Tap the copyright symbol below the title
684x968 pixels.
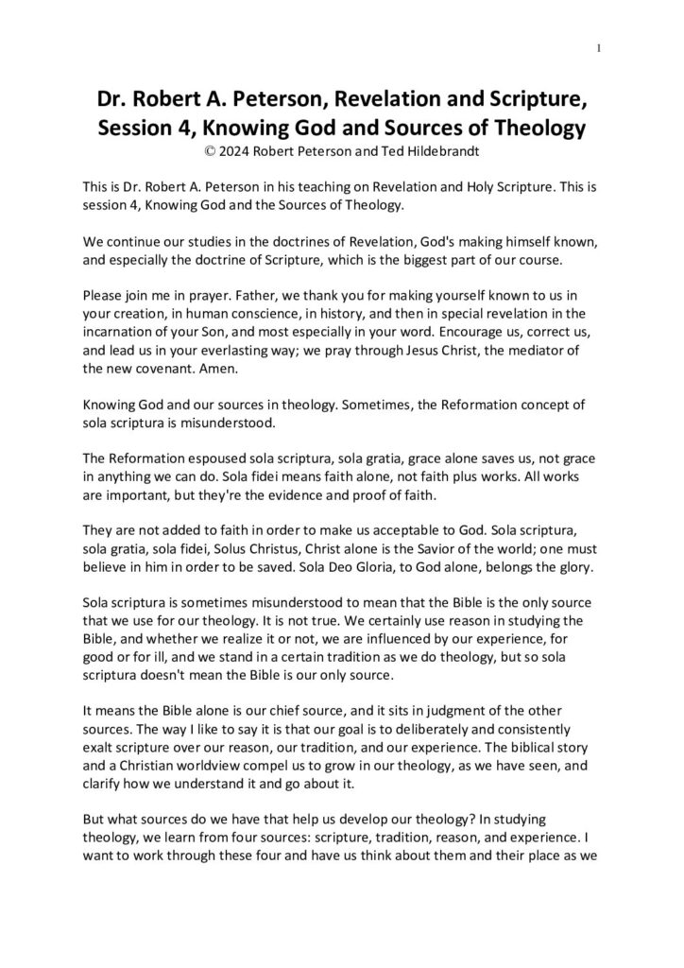[196, 149]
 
